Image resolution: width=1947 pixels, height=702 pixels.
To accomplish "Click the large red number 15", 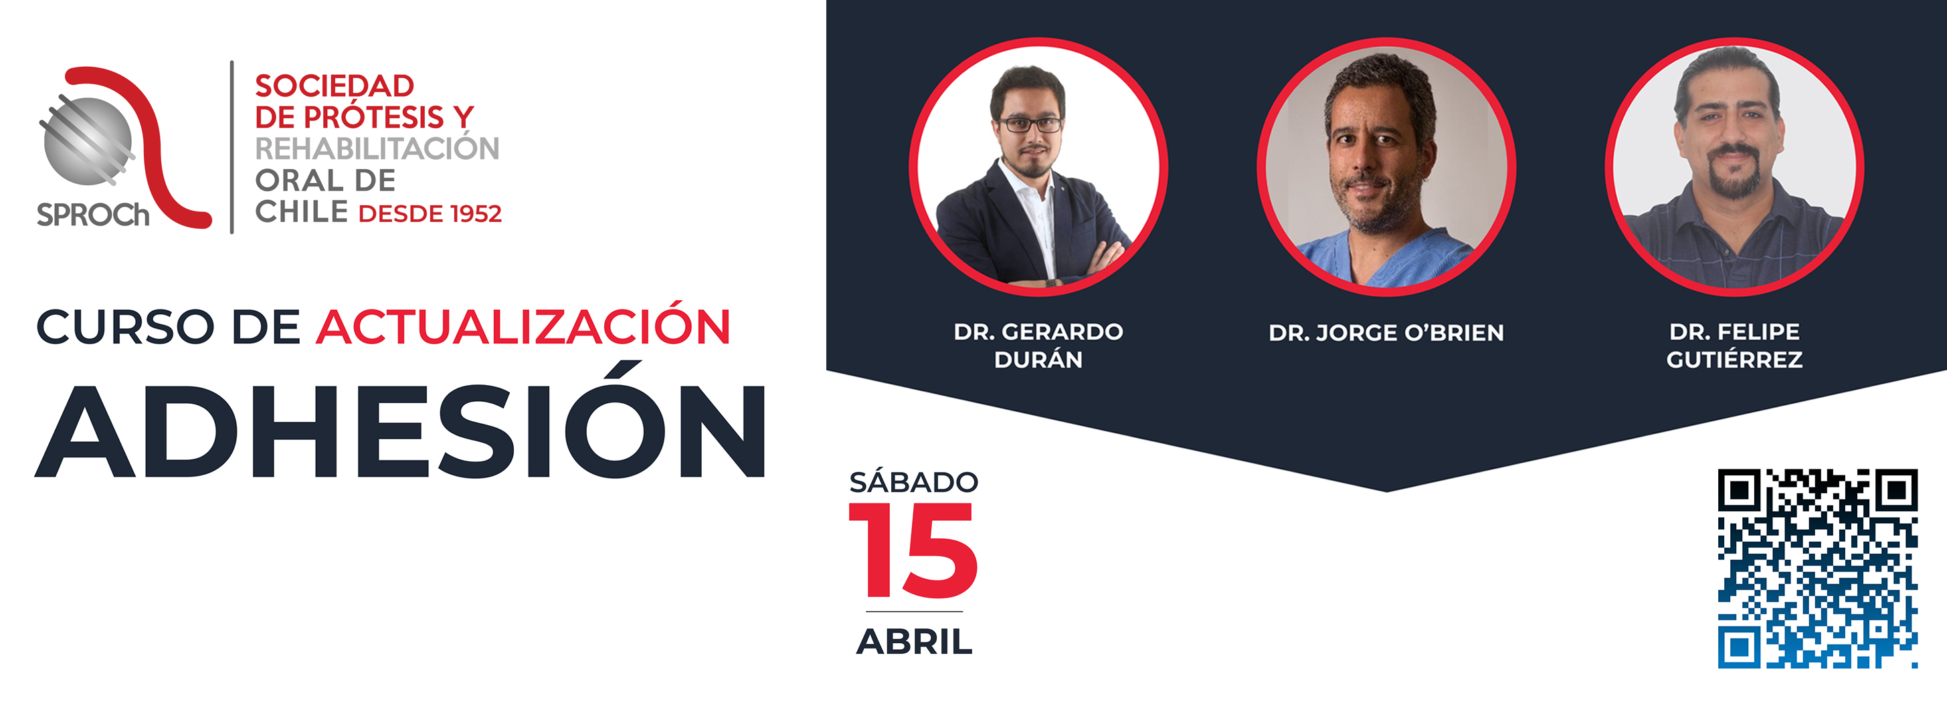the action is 913,550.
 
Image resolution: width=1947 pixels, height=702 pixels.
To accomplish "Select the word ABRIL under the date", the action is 915,642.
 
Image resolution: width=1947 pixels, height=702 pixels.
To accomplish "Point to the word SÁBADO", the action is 914,481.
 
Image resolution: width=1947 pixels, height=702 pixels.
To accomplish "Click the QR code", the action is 1817,568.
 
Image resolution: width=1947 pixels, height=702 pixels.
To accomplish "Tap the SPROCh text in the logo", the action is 93,215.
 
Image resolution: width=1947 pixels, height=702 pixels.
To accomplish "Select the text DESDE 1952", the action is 430,214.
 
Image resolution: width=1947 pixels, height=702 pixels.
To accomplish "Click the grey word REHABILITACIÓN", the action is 377,148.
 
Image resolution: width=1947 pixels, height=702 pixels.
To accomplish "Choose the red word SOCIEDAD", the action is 334,86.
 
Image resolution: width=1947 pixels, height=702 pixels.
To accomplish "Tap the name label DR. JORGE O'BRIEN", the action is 1386,332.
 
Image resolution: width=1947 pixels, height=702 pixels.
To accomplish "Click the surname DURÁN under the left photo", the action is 1038,360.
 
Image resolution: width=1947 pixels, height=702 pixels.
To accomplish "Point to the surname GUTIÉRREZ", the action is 1735,360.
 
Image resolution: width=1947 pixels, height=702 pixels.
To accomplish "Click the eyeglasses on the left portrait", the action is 1030,124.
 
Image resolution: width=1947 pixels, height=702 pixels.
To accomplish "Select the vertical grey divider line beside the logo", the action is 232,147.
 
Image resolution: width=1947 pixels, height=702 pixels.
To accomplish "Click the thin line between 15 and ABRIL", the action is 915,611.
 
